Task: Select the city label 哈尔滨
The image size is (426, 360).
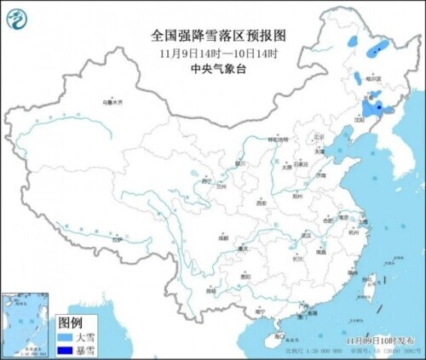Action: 370,78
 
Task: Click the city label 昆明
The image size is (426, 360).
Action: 210,291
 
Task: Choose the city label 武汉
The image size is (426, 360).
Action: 301,236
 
